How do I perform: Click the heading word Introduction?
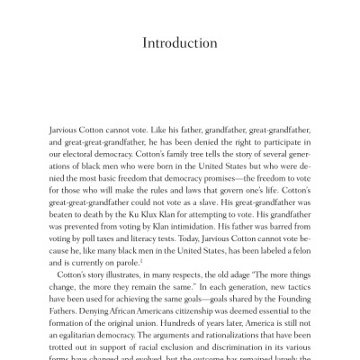(x=180, y=43)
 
